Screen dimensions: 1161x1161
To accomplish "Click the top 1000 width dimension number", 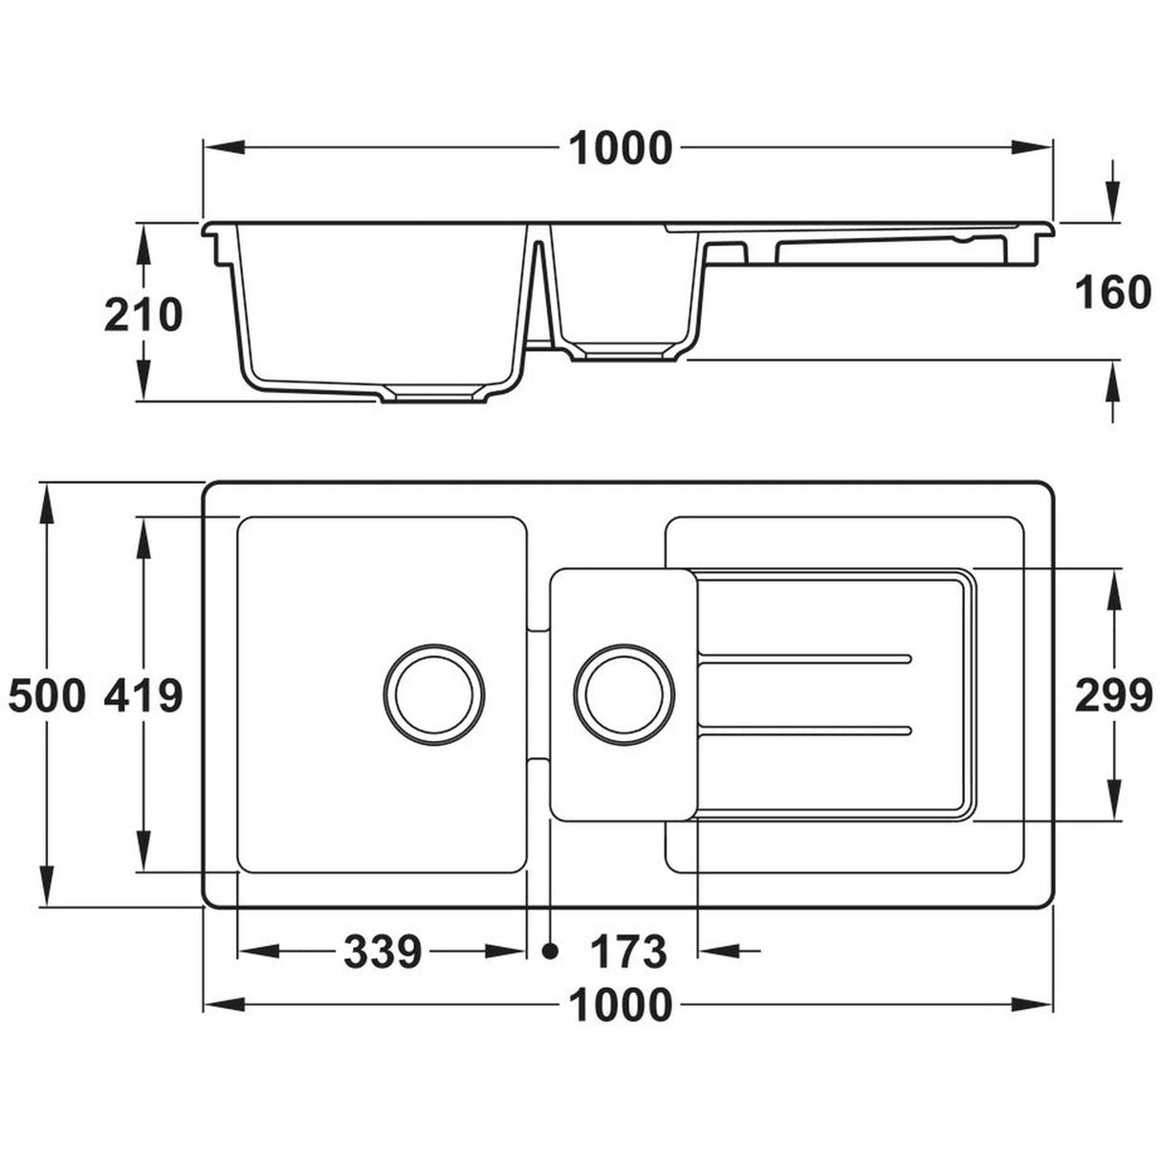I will (621, 148).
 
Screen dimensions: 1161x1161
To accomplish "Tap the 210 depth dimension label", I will (142, 315).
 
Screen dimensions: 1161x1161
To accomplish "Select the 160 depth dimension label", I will (1112, 293).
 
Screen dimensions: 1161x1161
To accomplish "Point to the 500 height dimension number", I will (47, 696).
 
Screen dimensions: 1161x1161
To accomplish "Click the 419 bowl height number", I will (142, 696).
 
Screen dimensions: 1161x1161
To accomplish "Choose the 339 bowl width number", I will (383, 952).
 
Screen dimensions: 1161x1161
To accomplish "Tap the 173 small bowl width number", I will (627, 952).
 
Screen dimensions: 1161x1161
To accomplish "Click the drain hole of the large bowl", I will (433, 693).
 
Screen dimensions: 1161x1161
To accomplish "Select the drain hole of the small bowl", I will (625, 693).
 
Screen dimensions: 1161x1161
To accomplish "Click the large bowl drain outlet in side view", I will (432, 394).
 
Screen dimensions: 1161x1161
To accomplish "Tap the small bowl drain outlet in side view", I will (623, 355).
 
